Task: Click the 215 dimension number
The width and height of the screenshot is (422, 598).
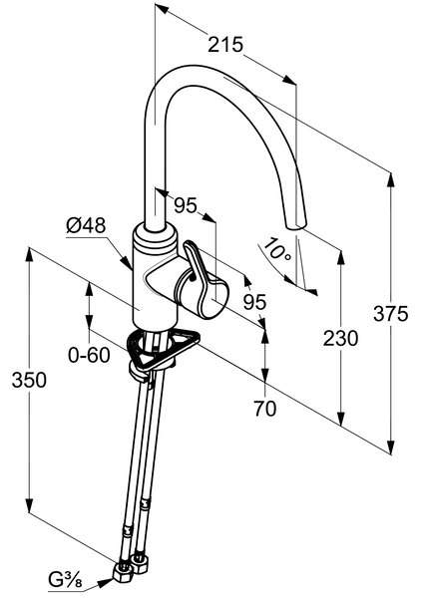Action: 225,45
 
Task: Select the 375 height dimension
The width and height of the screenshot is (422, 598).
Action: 391,314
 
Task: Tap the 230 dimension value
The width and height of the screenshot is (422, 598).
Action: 340,338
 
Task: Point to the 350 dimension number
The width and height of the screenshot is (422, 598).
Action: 29,380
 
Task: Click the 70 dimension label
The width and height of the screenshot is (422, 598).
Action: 264,409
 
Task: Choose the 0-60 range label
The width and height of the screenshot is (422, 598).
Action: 89,355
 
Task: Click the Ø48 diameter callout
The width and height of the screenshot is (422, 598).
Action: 86,226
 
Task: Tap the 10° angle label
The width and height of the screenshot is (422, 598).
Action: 277,249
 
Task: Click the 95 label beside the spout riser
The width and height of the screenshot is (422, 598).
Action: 186,205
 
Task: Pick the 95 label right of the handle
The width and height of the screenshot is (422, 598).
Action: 254,302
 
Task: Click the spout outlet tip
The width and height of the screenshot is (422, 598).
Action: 296,226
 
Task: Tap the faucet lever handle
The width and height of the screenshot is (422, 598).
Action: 203,275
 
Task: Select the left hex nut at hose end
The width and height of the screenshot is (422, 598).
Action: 123,572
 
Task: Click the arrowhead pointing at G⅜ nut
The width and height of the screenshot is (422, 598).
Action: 106,582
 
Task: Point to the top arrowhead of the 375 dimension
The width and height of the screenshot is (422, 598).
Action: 391,180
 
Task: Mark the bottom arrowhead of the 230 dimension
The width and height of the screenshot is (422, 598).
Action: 341,418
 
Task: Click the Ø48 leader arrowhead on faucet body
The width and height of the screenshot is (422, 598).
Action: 127,262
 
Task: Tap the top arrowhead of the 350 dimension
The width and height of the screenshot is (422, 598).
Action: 29,255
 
